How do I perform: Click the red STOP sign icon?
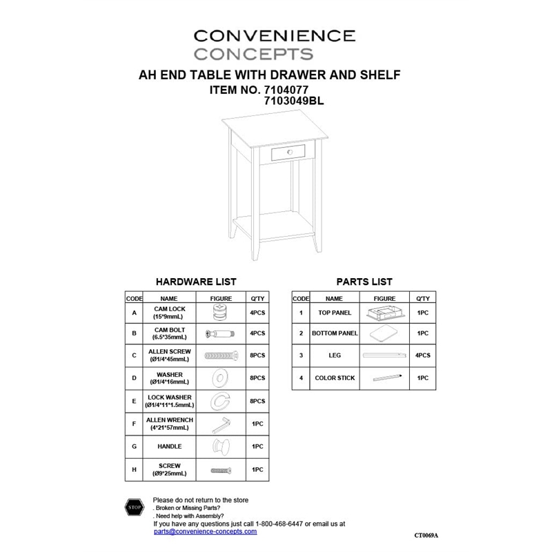click(x=135, y=508)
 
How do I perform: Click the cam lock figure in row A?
click(x=221, y=313)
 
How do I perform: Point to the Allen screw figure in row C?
click(x=221, y=355)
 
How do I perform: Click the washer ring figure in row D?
click(x=221, y=378)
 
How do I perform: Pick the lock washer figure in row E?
click(x=221, y=401)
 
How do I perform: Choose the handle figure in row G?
click(x=221, y=446)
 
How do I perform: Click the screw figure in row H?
click(x=221, y=470)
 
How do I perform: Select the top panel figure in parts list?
click(x=384, y=313)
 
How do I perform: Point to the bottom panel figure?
click(x=384, y=334)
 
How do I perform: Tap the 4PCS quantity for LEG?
click(x=422, y=355)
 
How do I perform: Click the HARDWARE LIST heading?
click(x=196, y=282)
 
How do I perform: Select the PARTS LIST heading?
click(x=364, y=282)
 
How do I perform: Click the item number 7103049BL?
click(x=293, y=100)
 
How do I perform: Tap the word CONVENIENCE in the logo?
click(x=275, y=35)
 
